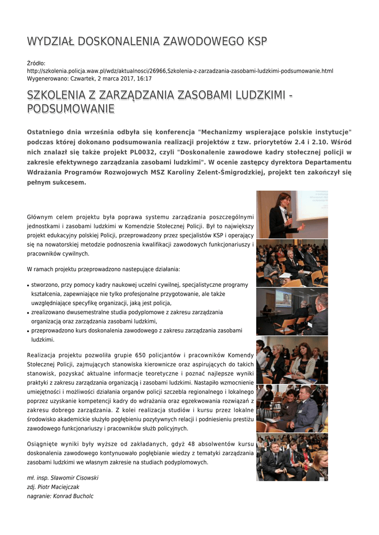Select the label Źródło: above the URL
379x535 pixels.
click(36, 63)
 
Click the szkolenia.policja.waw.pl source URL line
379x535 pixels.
click(180, 71)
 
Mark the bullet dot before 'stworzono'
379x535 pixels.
click(28, 285)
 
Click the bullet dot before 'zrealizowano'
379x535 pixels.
click(28, 313)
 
